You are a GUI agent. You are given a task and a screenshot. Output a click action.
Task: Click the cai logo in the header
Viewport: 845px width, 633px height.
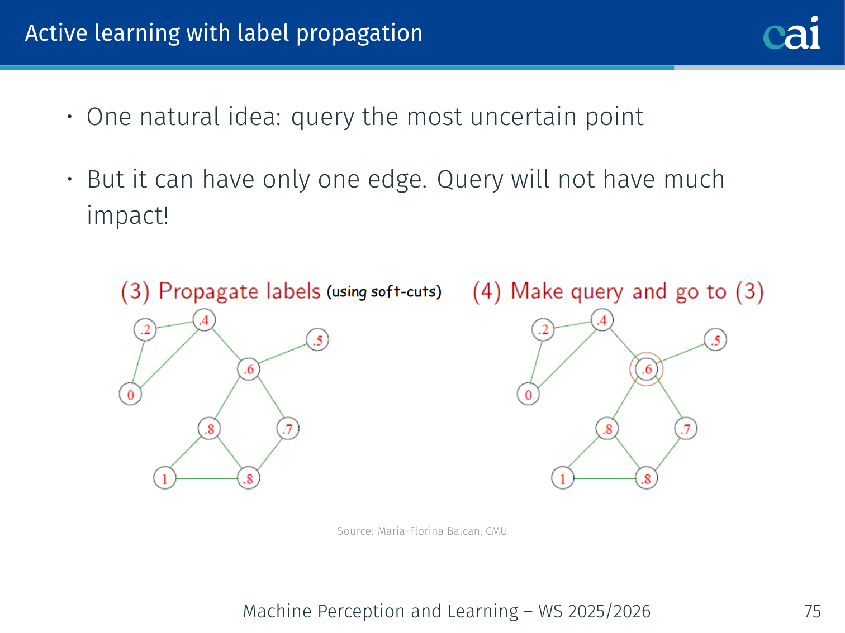coord(791,33)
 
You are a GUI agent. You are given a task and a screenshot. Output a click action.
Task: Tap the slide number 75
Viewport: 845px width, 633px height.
coord(812,611)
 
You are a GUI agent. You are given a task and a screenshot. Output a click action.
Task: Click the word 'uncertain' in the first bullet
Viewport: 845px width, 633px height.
coord(523,117)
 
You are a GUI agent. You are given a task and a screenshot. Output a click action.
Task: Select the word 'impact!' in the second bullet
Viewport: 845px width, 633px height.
coord(127,215)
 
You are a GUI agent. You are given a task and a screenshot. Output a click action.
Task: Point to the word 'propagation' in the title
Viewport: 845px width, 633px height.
coord(359,34)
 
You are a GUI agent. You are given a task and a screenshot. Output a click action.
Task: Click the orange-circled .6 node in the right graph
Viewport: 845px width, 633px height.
coord(647,369)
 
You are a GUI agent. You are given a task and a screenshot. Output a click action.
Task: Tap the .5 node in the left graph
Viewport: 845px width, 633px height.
coord(317,340)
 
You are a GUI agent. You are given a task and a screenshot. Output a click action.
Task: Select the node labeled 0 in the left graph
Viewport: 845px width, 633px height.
coord(131,394)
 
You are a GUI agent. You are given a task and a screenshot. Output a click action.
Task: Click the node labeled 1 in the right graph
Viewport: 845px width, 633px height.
coord(562,478)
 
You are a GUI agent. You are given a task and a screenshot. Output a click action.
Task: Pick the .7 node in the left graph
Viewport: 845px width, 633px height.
coord(288,429)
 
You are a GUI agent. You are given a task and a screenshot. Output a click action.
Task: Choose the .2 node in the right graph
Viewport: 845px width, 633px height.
coord(543,329)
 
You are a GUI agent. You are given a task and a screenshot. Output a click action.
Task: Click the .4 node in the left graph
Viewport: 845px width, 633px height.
coord(205,320)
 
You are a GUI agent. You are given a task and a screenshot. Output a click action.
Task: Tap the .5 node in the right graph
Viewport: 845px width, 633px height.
coord(716,340)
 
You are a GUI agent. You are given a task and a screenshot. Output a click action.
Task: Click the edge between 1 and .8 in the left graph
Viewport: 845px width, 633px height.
coord(207,478)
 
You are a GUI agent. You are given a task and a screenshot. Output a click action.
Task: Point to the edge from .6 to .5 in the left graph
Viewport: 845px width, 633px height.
coord(283,353)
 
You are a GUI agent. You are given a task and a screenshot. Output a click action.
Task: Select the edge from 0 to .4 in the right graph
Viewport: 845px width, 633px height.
coord(567,358)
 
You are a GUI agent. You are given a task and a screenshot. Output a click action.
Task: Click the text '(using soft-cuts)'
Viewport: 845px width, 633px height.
coord(384,292)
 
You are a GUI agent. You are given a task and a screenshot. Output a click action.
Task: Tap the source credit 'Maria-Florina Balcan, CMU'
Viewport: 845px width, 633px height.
coord(442,531)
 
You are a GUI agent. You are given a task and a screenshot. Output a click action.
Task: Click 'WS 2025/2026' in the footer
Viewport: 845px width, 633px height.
coord(594,611)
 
